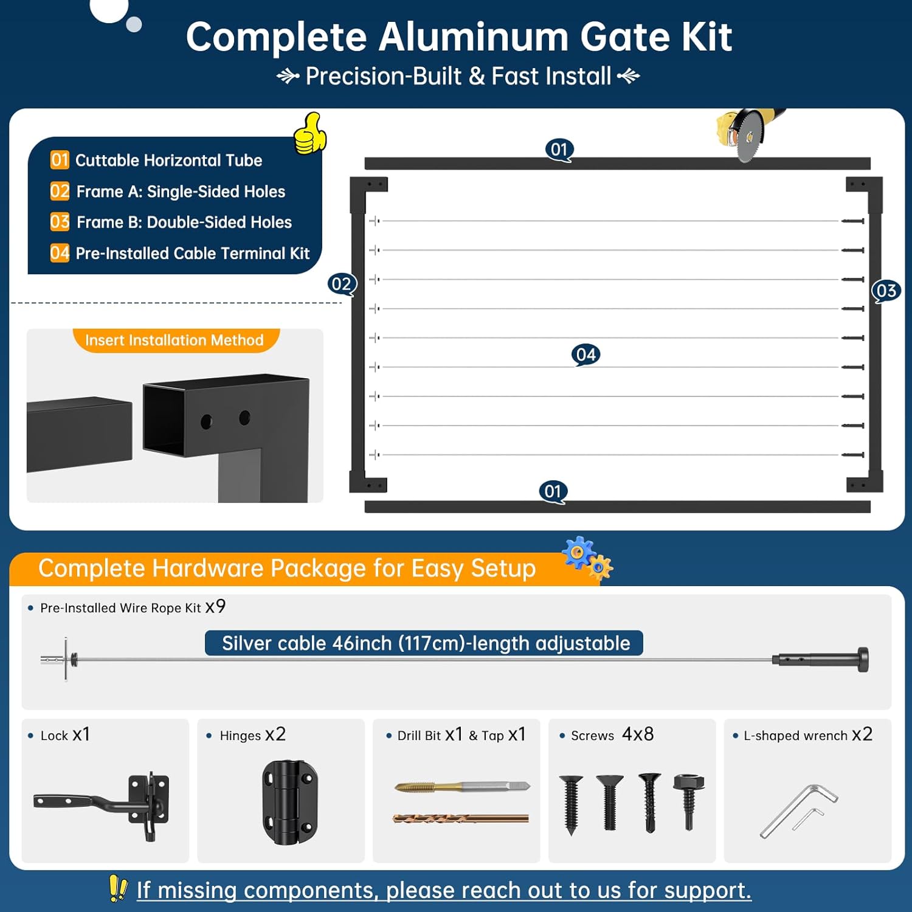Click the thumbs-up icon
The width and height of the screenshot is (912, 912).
coord(310,134)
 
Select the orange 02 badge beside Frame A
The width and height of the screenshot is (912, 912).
coord(60,192)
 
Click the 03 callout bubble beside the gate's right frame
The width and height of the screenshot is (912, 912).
coord(886,291)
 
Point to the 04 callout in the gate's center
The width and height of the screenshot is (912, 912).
coord(586,354)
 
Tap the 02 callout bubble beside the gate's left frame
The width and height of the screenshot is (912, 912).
coord(342,284)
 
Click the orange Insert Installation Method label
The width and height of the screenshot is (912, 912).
coord(174,340)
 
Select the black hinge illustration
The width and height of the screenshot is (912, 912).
coord(289,802)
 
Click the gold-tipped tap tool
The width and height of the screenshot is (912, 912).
coord(461,787)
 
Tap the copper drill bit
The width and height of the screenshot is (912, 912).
coord(460,818)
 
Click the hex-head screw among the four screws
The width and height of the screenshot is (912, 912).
coord(689,800)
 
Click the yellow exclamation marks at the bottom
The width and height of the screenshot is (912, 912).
coord(118,888)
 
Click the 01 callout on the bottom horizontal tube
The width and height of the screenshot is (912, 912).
coord(553,491)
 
